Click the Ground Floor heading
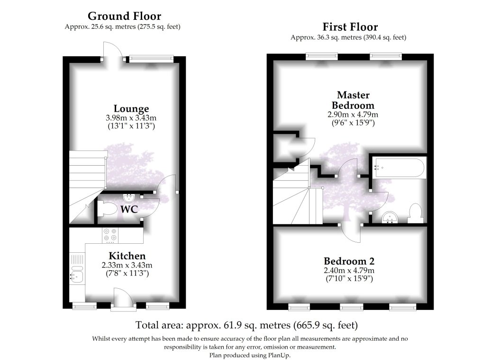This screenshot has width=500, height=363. [125, 18]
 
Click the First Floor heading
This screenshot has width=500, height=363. [350, 27]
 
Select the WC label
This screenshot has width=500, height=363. [129, 209]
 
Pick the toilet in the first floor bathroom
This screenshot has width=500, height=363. [415, 212]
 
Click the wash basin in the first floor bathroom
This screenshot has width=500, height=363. [391, 217]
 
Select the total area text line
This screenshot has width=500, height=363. [246, 325]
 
